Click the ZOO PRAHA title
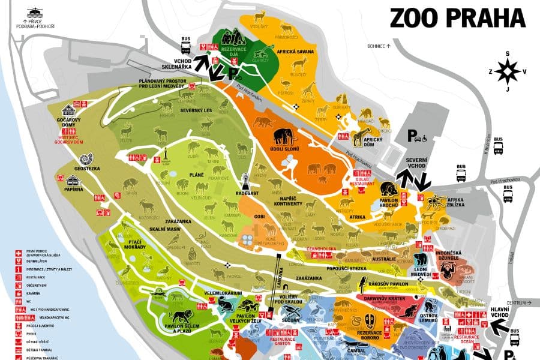(x=457, y=17)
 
